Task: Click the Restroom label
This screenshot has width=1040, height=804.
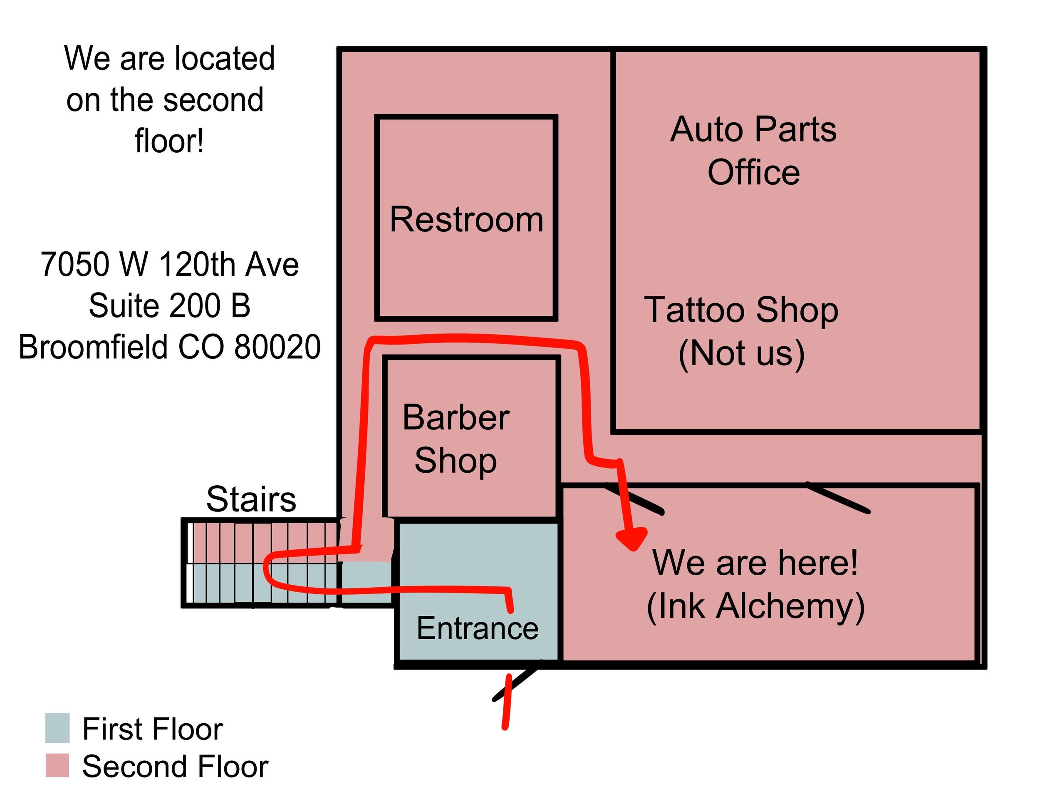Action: coord(466,220)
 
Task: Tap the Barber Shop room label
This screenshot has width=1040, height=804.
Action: coord(456,439)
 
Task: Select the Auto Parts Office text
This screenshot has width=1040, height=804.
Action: coord(753,150)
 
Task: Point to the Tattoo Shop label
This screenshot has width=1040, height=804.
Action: coord(741,310)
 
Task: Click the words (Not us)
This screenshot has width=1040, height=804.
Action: coord(741,353)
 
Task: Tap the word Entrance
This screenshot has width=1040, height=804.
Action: coord(477,628)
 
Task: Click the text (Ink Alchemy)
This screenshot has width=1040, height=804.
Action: coord(756,606)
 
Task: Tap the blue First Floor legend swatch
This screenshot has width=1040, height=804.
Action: coord(57,728)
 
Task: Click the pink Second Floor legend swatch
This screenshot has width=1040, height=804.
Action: coord(57,765)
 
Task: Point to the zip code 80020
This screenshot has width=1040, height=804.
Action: coord(277,347)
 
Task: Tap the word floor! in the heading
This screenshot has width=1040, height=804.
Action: coord(170,141)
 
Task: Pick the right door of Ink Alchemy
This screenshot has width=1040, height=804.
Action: coord(839,498)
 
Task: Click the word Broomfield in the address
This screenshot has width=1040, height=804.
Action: coord(93,347)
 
